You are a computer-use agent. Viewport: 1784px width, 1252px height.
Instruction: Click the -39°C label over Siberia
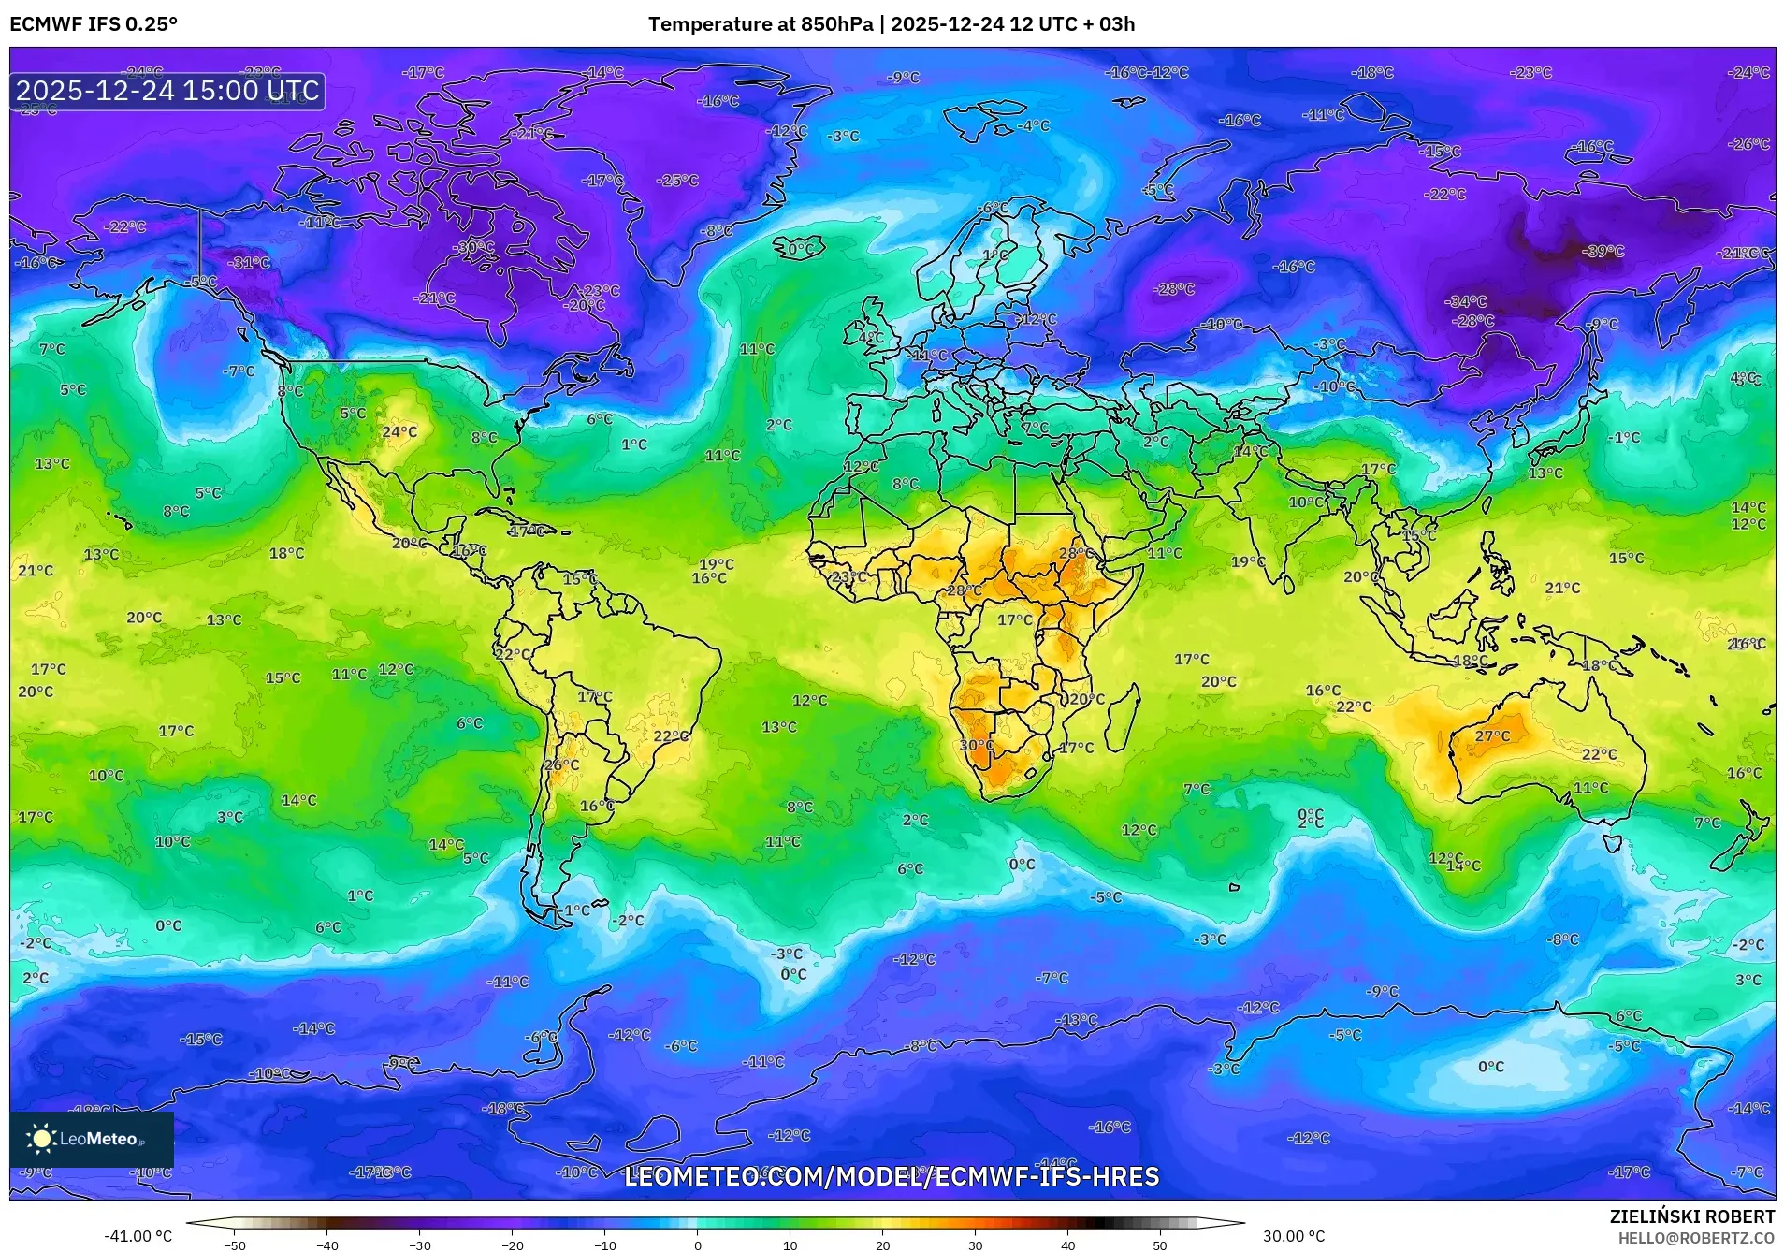coord(1603,252)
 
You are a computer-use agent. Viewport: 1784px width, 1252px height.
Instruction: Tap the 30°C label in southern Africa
coord(977,746)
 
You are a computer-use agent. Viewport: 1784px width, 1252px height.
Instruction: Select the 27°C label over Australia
coord(1492,736)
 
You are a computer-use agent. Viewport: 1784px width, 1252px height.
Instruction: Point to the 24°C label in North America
coord(399,431)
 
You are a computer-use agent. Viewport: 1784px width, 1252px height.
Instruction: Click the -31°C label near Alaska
coord(250,263)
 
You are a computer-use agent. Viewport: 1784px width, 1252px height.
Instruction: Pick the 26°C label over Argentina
coord(561,765)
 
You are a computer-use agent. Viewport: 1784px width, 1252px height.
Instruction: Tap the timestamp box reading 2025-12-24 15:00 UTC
coord(167,91)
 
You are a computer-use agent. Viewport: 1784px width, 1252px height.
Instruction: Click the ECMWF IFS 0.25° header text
coord(94,24)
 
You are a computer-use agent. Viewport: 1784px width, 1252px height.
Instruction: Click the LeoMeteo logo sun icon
coord(41,1139)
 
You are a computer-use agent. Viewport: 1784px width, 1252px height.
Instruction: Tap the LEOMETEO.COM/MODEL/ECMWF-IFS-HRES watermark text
coord(891,1176)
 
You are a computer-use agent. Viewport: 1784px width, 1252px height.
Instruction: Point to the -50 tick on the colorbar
coord(235,1245)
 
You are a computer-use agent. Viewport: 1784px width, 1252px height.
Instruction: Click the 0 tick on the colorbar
coord(697,1245)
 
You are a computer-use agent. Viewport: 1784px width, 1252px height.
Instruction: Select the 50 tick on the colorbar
coord(1159,1245)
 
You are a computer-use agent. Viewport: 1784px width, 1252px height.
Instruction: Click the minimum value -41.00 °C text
coord(138,1236)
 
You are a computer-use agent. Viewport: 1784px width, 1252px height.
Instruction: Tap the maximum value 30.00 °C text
coord(1294,1236)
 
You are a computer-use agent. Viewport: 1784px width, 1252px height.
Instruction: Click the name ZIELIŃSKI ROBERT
coord(1691,1216)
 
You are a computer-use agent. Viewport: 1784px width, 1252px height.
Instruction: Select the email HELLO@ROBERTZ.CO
coord(1696,1238)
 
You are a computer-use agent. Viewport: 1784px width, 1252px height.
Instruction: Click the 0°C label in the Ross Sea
coord(1490,1067)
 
